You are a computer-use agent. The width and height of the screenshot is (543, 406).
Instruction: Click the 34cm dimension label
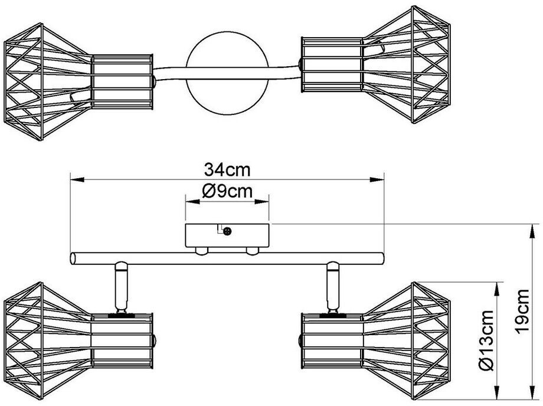coord(227,170)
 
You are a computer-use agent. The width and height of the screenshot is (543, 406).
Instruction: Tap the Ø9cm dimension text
coord(227,191)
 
